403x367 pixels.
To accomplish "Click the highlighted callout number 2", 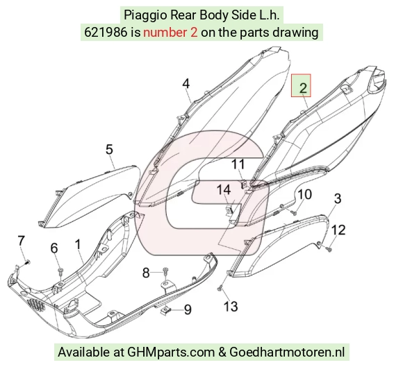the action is click(x=303, y=88).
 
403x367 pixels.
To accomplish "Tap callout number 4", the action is click(x=186, y=84).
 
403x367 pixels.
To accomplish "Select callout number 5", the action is click(x=110, y=149).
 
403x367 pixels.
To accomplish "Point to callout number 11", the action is click(x=238, y=164).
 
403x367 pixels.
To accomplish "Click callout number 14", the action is click(x=224, y=190).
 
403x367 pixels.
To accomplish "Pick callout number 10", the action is click(x=305, y=194).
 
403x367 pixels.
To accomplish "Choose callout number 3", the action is click(x=338, y=198).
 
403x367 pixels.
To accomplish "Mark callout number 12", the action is click(x=338, y=230).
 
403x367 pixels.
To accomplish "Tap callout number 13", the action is click(x=231, y=306).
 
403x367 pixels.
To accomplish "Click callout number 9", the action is click(x=188, y=309).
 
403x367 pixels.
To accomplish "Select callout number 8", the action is click(x=146, y=273).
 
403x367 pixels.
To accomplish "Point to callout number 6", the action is click(x=54, y=248).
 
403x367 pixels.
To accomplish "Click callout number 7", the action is click(x=21, y=241).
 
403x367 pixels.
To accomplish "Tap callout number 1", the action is click(x=78, y=244).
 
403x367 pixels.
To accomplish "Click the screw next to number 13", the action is click(x=220, y=289).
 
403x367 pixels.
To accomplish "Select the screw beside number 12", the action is click(x=329, y=248).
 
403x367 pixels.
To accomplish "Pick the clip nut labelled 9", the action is click(x=165, y=311).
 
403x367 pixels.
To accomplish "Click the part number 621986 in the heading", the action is click(x=106, y=33).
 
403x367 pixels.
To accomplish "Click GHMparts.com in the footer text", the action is click(x=171, y=352).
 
